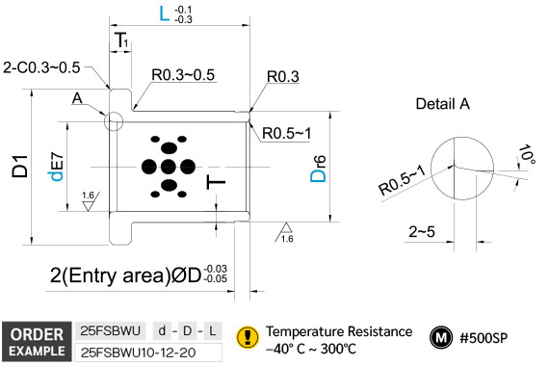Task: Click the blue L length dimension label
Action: pos(164,13)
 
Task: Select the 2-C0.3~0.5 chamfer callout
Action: pos(41,67)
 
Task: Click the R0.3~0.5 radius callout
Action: pos(183,74)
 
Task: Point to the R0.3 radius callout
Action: pos(283,76)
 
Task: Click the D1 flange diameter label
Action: pos(19,166)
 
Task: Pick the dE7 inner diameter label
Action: pos(56,167)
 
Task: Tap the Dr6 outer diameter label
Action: pos(318,169)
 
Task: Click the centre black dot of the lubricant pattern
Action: pos(169,167)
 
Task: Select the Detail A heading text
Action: pos(442,104)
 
